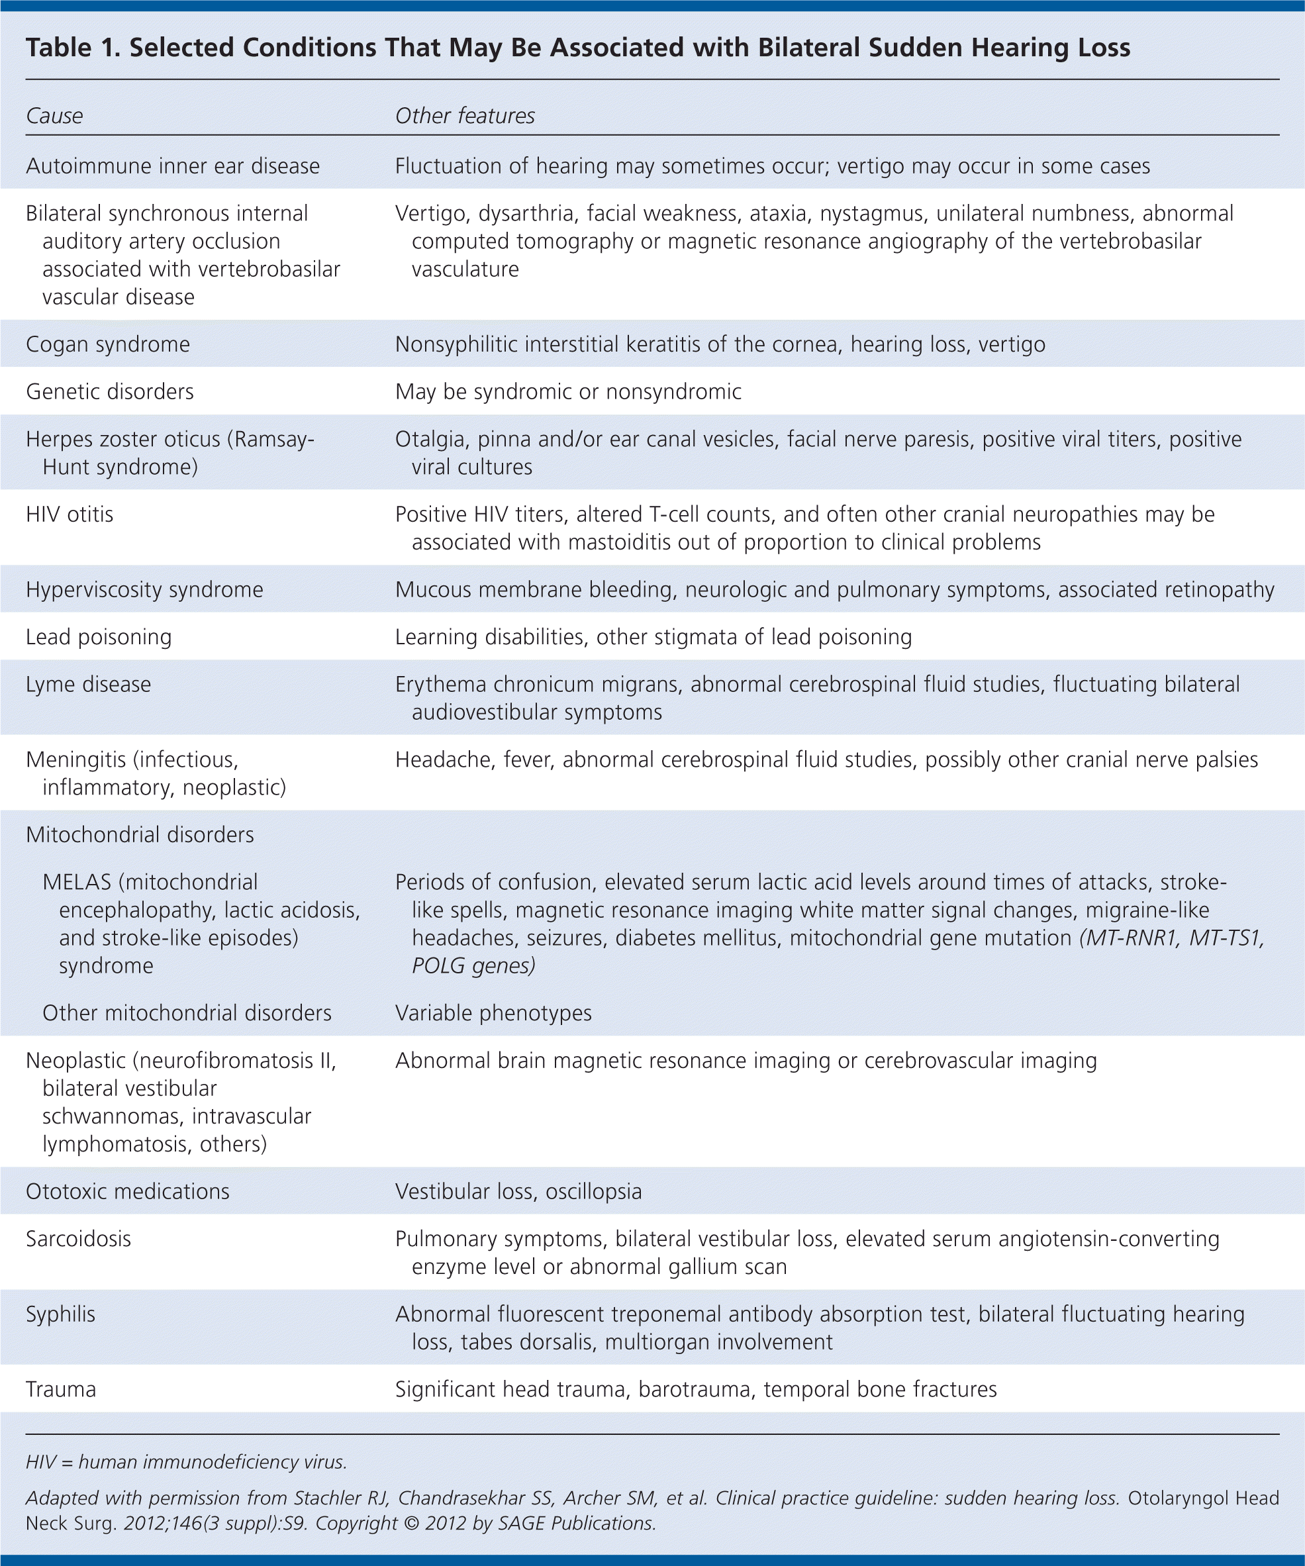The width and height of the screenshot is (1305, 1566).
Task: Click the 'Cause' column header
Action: click(x=54, y=117)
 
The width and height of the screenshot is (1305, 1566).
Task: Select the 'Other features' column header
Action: click(x=465, y=117)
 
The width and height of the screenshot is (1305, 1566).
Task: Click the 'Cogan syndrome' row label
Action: click(x=107, y=344)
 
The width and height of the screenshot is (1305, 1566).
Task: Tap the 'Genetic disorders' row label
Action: click(x=110, y=391)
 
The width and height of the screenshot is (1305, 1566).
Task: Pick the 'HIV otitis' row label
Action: click(x=70, y=514)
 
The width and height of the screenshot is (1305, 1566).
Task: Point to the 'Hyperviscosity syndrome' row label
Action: click(x=144, y=590)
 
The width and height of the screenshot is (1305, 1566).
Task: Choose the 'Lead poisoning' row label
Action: click(x=99, y=637)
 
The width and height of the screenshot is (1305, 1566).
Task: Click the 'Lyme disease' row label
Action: click(x=88, y=685)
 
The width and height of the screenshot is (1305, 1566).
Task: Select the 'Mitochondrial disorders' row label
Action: click(x=140, y=834)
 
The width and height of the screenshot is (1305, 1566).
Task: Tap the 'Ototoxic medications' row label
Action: click(x=128, y=1192)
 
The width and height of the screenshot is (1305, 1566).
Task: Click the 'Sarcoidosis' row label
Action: click(x=78, y=1239)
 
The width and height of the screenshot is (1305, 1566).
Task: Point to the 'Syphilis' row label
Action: click(x=60, y=1314)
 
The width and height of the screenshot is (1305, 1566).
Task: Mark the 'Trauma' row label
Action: click(x=60, y=1389)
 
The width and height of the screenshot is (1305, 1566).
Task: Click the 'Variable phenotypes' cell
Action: click(x=493, y=1012)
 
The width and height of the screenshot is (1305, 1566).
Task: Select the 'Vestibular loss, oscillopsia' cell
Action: click(x=518, y=1192)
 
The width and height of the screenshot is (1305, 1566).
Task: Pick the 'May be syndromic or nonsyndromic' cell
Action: click(x=568, y=391)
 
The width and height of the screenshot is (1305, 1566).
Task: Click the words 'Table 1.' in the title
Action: click(x=72, y=48)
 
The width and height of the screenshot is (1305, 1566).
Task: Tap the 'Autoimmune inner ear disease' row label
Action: click(x=172, y=166)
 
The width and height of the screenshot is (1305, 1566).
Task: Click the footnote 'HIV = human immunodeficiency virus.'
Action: click(x=187, y=1462)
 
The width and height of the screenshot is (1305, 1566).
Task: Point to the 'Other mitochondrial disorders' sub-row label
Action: click(x=187, y=1012)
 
